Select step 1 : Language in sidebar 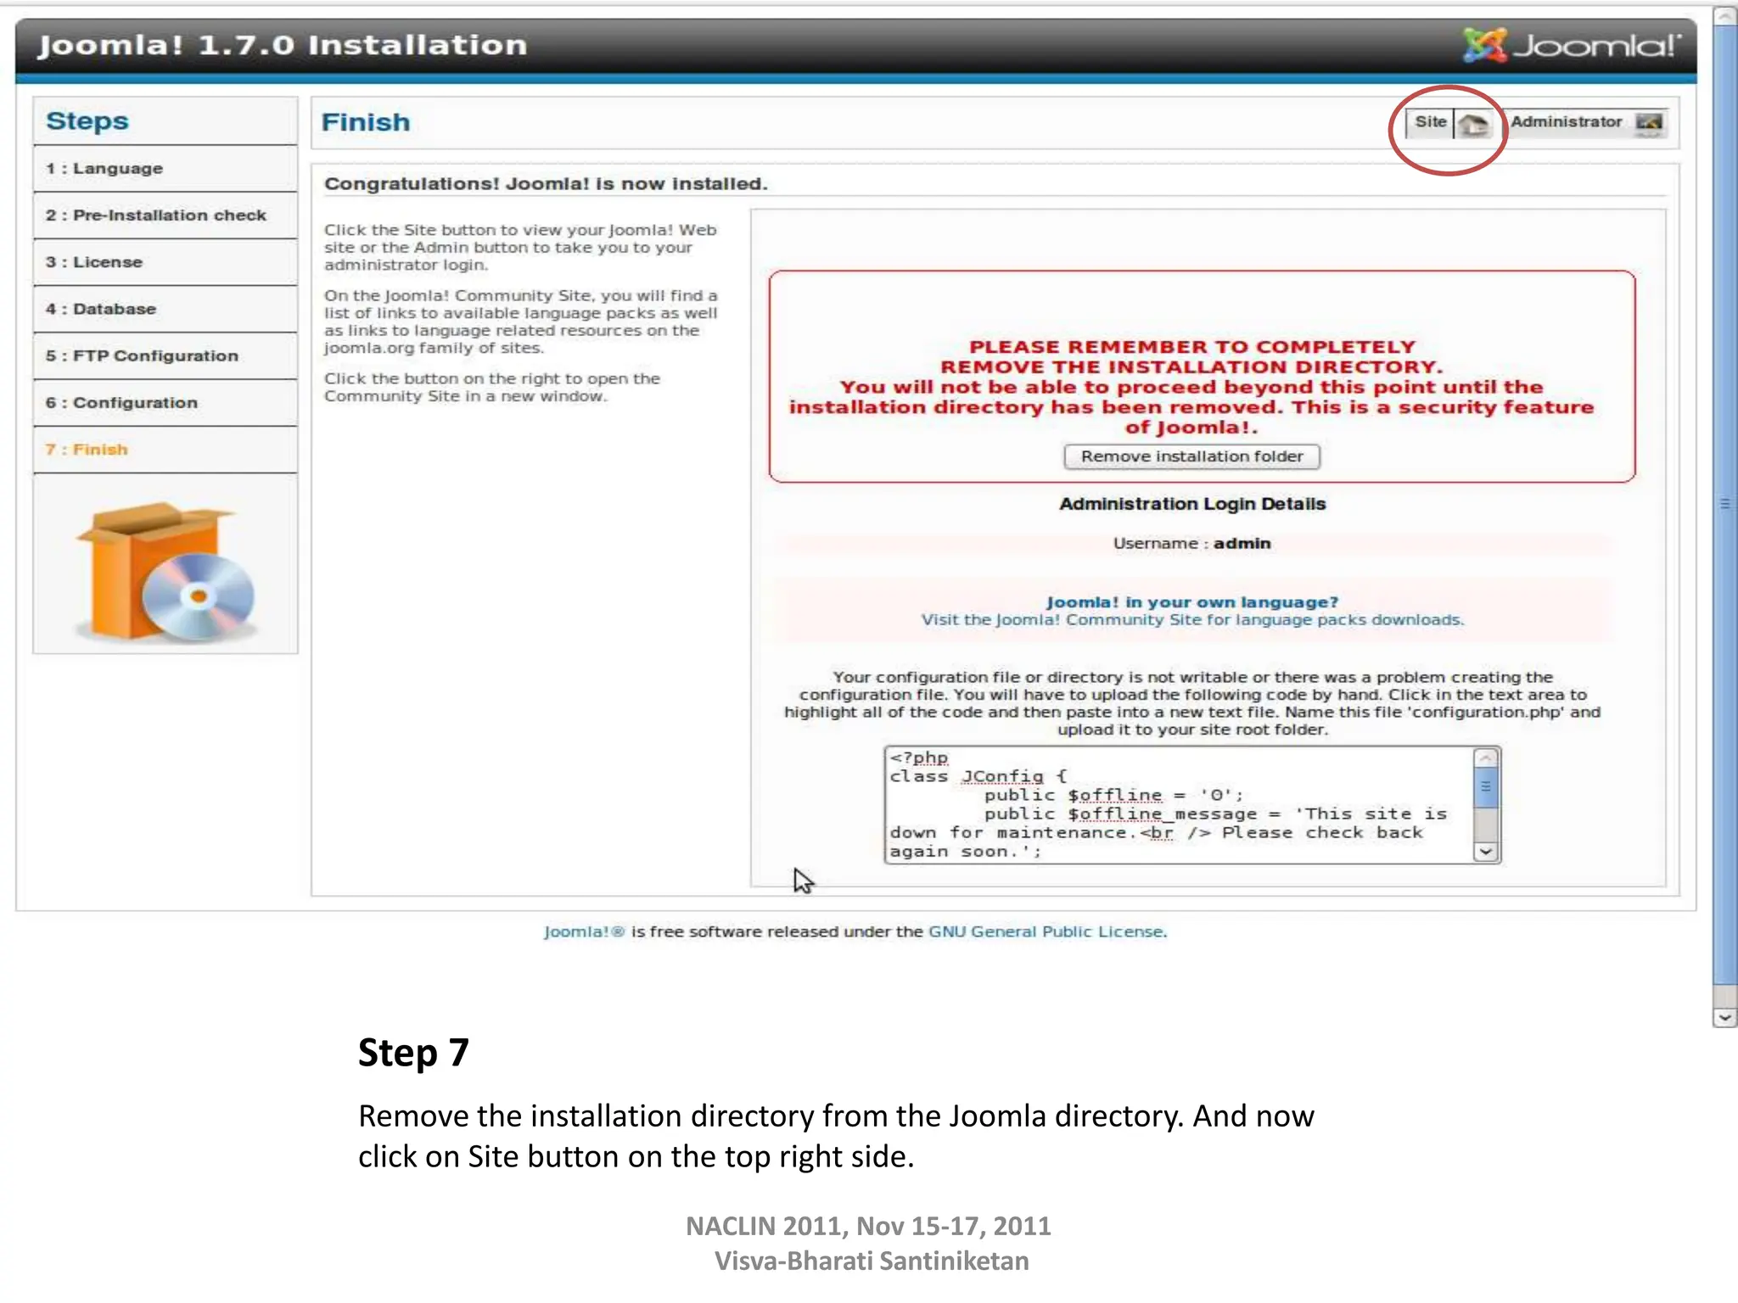(104, 168)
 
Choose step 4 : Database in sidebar (101, 309)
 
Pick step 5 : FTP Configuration (142, 355)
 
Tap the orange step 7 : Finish (87, 450)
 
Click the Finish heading (365, 122)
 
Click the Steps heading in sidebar (87, 120)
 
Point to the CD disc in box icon (198, 596)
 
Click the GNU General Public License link (1046, 931)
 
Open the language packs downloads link (1192, 620)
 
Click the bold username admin (1242, 543)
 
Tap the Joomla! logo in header (1570, 45)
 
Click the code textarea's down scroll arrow (1485, 852)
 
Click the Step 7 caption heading (413, 1052)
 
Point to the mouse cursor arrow (802, 880)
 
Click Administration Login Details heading (1191, 504)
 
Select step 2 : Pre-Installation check (156, 215)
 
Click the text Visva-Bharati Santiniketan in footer (871, 1261)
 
